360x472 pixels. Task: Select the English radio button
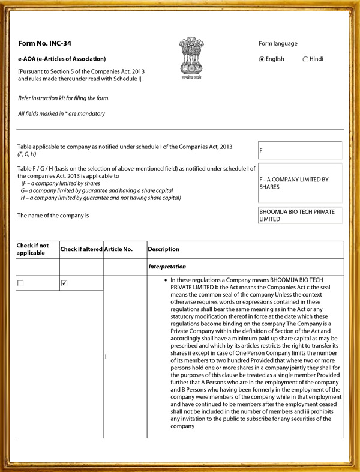[x=262, y=59]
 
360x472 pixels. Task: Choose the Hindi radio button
[x=305, y=59]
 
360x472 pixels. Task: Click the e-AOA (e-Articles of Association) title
[x=62, y=59]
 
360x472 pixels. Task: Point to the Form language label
[x=278, y=43]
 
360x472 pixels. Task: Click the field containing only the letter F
[x=299, y=150]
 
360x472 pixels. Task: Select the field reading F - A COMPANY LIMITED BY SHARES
[x=299, y=183]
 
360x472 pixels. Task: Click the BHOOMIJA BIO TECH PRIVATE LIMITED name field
[x=299, y=215]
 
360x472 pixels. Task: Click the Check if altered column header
[x=81, y=249]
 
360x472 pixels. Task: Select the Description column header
[x=163, y=249]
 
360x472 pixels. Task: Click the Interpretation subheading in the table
[x=167, y=266]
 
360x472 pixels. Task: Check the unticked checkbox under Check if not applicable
[x=21, y=282]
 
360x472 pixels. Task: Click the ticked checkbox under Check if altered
[x=64, y=282]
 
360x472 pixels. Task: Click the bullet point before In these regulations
[x=165, y=280]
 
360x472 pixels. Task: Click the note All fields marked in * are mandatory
[x=61, y=113]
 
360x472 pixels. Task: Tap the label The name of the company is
[x=53, y=215]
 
